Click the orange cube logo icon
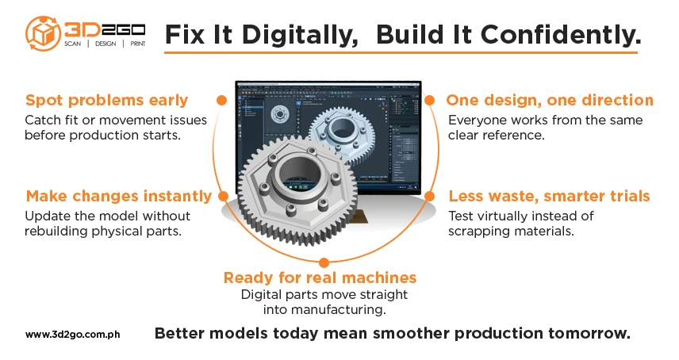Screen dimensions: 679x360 (x=43, y=33)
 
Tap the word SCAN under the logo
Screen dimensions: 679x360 (x=73, y=44)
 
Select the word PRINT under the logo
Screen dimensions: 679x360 (x=138, y=44)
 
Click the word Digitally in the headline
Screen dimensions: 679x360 (x=300, y=35)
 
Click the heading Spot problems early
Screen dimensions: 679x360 (x=106, y=100)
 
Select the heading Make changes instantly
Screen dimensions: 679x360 (x=119, y=196)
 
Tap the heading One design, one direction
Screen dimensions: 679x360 (x=550, y=100)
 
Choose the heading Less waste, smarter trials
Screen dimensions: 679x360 (x=549, y=196)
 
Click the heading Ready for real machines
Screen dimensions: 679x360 (x=320, y=278)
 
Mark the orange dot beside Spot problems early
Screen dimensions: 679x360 (x=221, y=101)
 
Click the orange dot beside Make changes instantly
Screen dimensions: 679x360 (x=223, y=197)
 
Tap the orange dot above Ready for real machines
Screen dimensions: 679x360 (x=324, y=262)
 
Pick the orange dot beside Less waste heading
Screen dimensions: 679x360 (x=429, y=197)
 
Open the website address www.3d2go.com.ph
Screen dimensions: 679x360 (x=73, y=335)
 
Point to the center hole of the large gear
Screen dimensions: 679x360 (x=301, y=175)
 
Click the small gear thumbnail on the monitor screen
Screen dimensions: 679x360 (x=279, y=115)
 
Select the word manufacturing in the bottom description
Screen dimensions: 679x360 (x=338, y=310)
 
